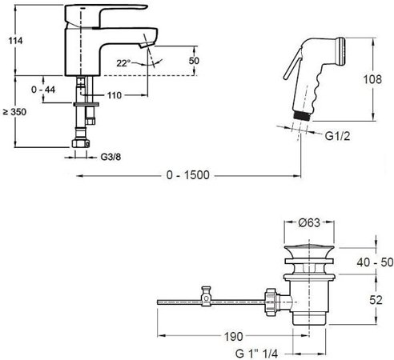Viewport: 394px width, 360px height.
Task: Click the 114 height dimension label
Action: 15,41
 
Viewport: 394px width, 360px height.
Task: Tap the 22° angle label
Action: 123,63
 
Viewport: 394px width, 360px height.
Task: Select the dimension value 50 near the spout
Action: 194,61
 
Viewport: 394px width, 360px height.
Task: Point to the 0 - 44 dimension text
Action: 43,90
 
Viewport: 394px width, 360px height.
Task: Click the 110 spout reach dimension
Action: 115,95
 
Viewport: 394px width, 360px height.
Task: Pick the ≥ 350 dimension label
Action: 14,112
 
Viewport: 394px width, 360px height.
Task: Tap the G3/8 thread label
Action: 111,157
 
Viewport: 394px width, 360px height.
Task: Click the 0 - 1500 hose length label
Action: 188,175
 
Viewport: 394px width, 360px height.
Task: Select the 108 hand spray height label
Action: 372,79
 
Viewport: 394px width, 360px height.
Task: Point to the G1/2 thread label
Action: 337,136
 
